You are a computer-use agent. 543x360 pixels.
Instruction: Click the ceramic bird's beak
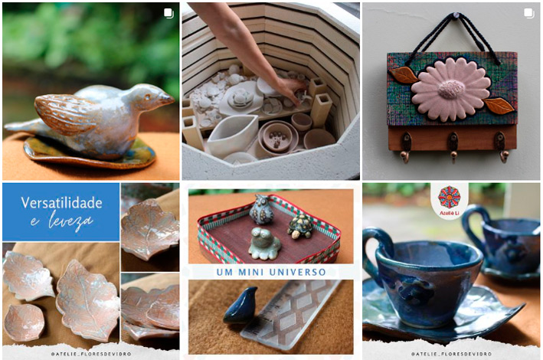point(167,100)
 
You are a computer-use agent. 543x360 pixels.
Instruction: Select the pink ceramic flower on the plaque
point(451,89)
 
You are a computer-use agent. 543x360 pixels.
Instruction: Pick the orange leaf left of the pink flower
point(404,75)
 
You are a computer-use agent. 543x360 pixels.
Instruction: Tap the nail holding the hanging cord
point(456,15)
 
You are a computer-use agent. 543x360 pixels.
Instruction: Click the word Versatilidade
point(61,203)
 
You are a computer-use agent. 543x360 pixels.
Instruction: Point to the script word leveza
point(71,221)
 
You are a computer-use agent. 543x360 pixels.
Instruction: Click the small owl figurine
point(261,209)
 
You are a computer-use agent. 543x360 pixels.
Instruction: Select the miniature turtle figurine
point(300,226)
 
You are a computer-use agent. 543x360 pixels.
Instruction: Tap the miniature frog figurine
point(264,244)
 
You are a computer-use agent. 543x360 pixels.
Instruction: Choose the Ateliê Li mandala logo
point(449,197)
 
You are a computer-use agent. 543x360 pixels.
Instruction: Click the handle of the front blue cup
point(374,253)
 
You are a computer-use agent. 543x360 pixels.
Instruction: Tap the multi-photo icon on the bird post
point(168,13)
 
